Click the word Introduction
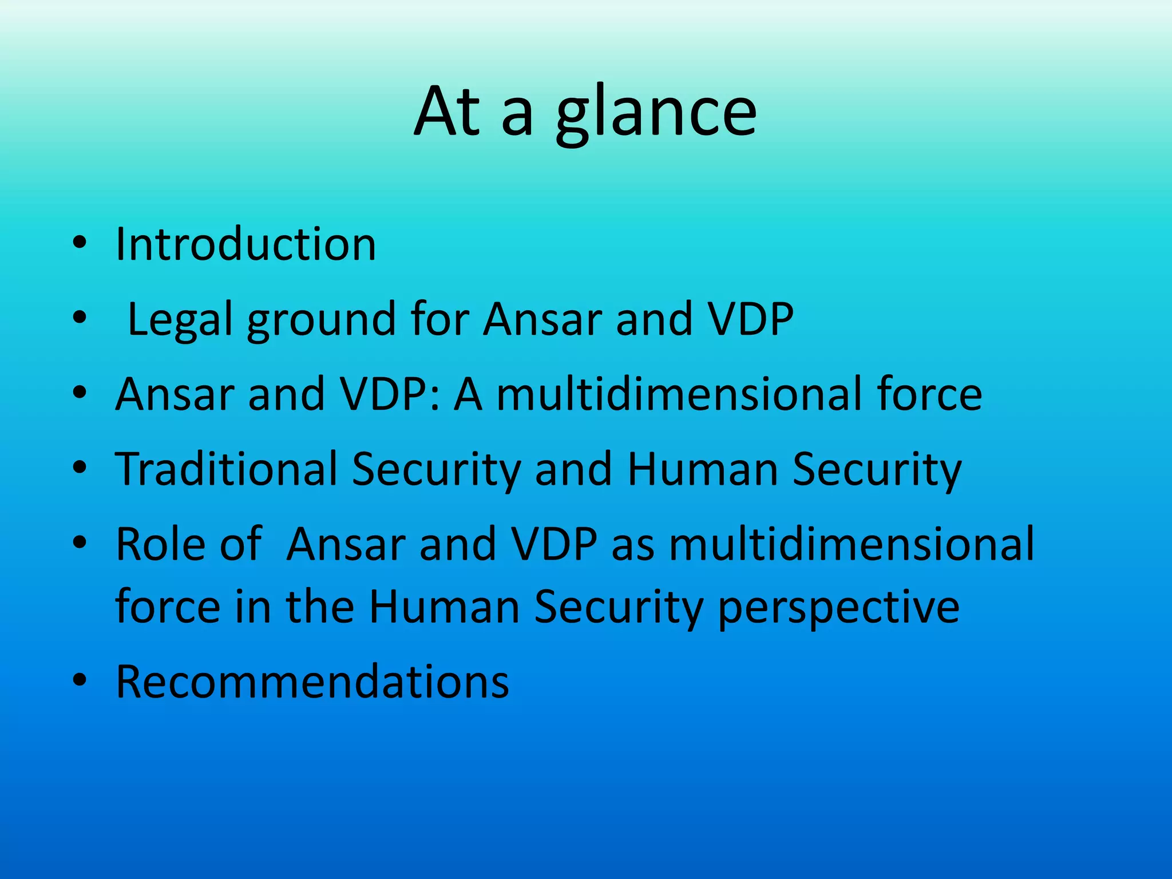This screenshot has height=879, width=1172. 246,244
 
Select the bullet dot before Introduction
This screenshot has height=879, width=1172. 80,243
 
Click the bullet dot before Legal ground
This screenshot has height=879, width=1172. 80,318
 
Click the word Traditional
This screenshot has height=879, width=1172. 226,469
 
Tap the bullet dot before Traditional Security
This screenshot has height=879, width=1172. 80,468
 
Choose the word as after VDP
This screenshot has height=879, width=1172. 632,545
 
